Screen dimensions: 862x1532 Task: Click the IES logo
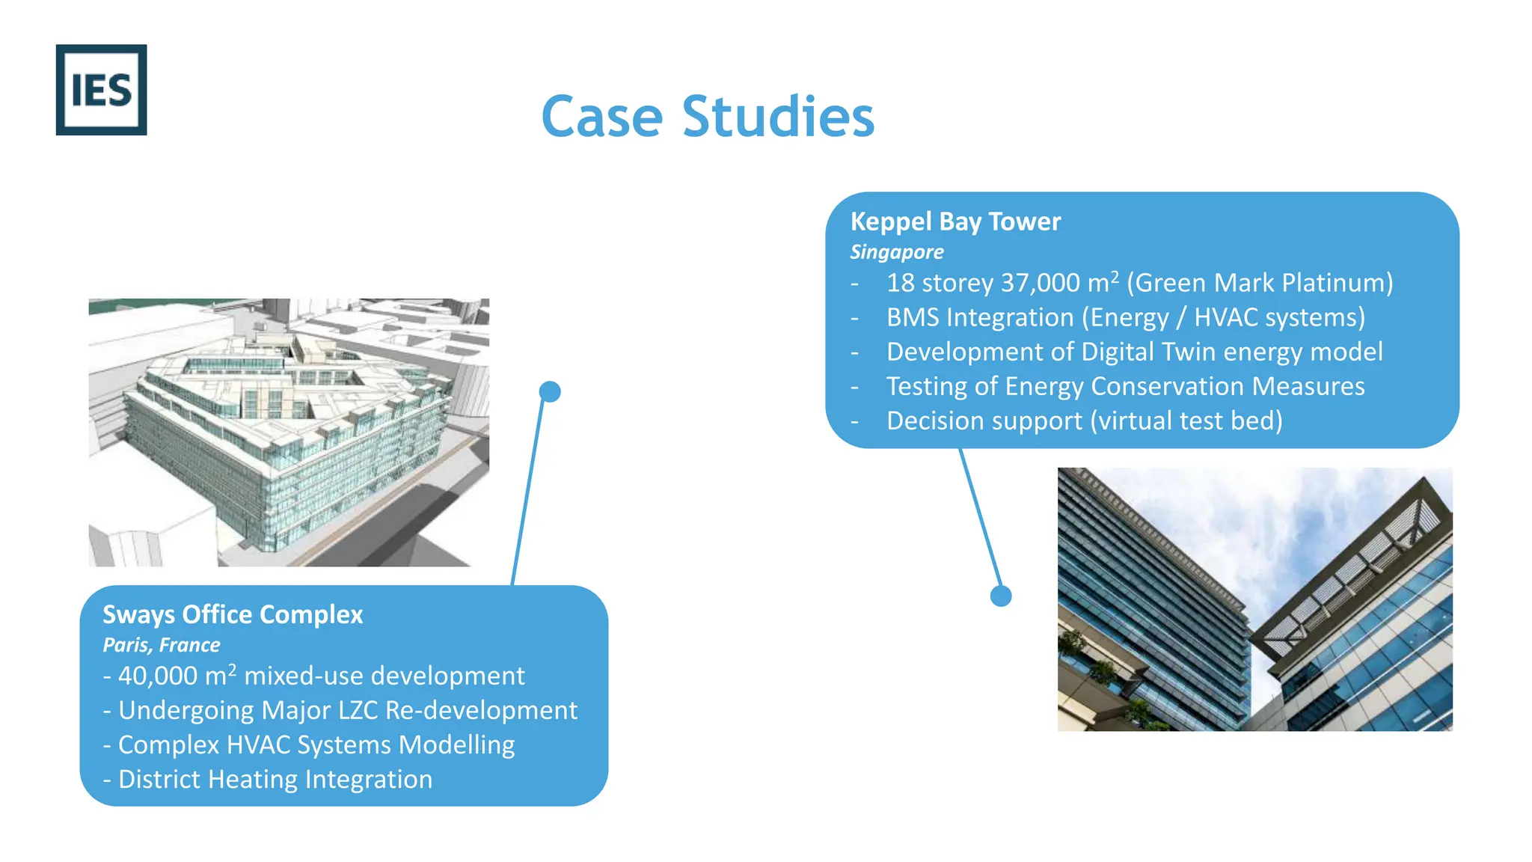point(101,90)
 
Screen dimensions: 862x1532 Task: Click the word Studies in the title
point(778,117)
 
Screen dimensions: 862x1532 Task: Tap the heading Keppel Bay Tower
point(955,221)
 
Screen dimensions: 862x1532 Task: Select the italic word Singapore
point(896,252)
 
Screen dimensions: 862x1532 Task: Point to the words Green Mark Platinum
point(1260,283)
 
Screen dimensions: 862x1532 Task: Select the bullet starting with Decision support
point(1084,421)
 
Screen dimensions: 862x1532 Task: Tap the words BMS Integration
point(979,317)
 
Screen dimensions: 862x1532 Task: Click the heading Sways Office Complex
point(233,614)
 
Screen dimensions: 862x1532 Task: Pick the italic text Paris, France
point(161,645)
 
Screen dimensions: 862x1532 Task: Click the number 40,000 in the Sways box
point(157,676)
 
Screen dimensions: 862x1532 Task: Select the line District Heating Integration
point(275,779)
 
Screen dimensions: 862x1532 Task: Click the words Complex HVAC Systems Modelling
point(316,745)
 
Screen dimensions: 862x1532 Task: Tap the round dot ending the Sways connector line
point(550,391)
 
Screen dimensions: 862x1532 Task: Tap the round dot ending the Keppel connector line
point(1001,596)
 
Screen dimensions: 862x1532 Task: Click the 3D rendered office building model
point(289,432)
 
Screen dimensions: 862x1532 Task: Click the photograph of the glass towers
point(1254,599)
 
